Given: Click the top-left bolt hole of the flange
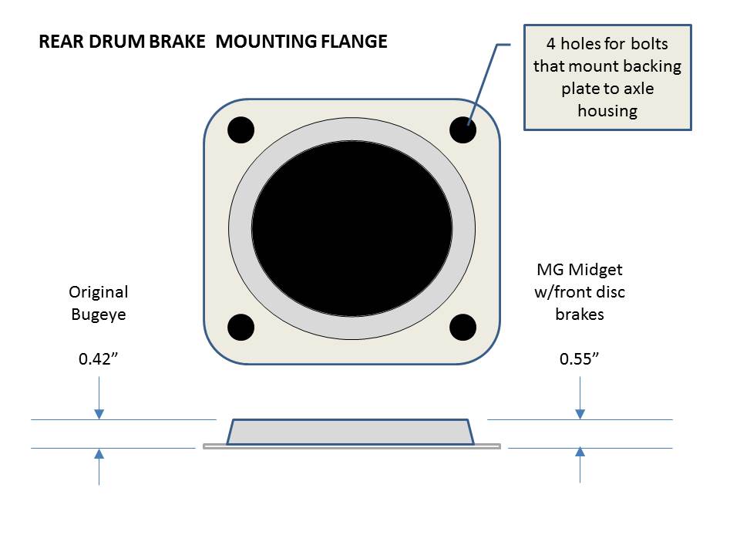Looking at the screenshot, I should point(240,129).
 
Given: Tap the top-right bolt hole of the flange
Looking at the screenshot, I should point(462,129).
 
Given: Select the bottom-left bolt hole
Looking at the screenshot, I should point(240,327).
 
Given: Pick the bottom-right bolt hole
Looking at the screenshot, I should point(462,327).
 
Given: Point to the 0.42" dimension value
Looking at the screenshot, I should point(99,359).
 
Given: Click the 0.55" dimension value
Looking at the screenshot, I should point(580,359).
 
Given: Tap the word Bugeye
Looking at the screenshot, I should point(99,314).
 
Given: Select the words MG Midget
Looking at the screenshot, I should point(580,271).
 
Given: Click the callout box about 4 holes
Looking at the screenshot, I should point(607,77).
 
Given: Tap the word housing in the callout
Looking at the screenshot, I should point(607,110).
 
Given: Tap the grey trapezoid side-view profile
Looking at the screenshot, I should point(351,432).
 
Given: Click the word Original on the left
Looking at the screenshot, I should point(99,292).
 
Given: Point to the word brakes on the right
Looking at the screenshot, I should point(580,314).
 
